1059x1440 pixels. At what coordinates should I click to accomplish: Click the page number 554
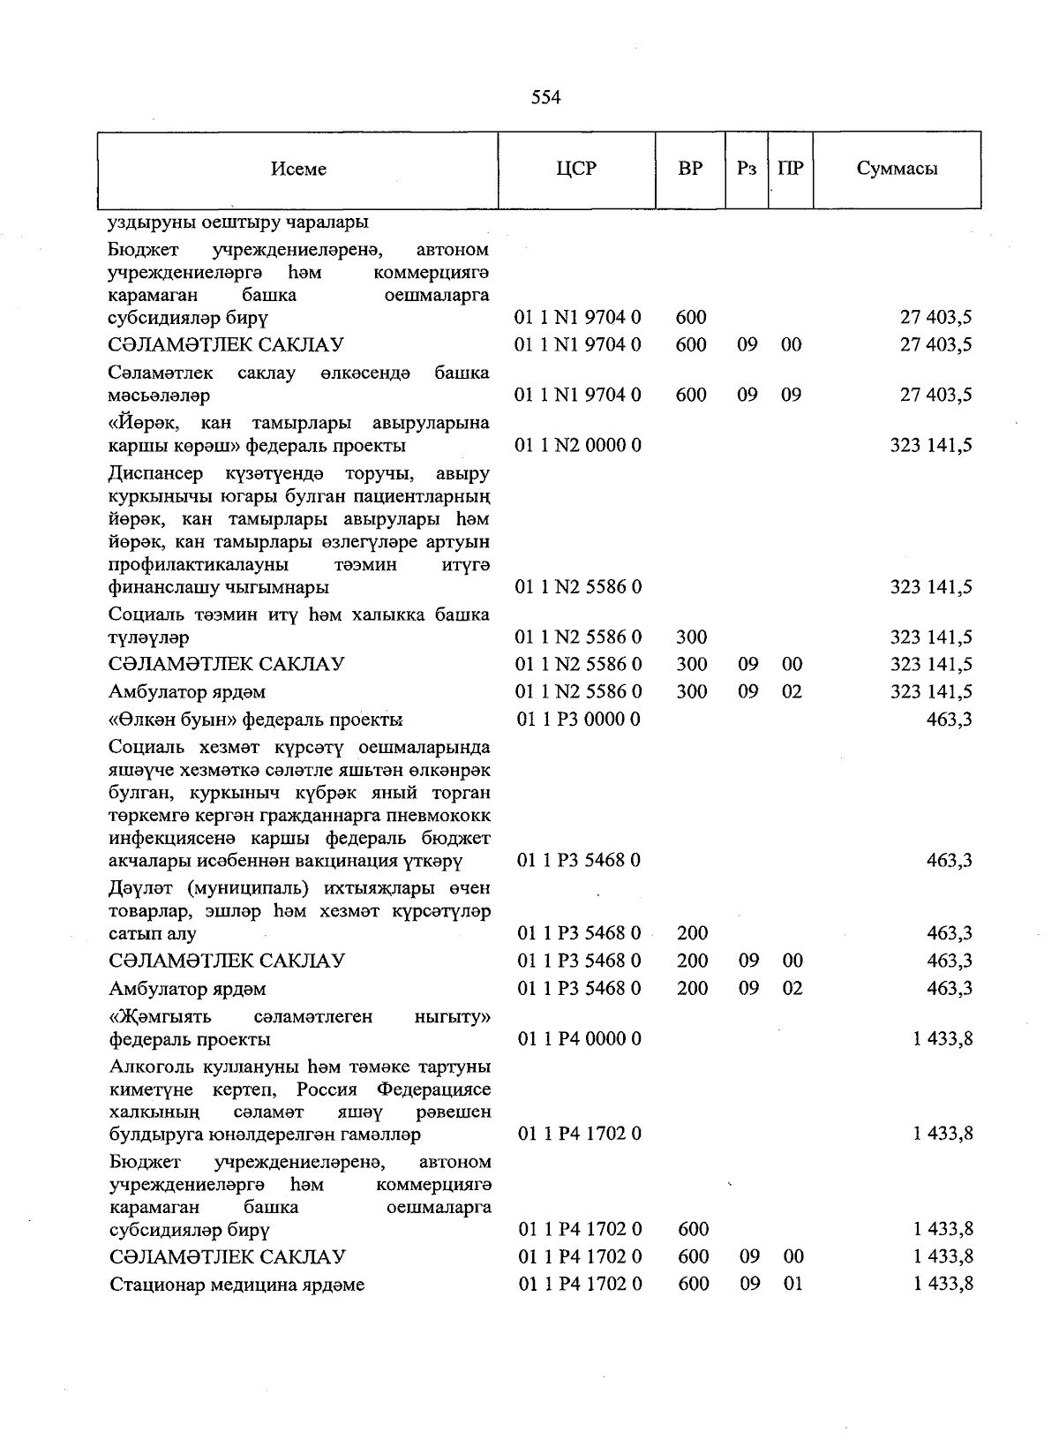(545, 97)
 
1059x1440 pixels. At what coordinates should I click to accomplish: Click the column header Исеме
(298, 169)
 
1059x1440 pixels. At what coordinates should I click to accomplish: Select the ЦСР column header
(576, 169)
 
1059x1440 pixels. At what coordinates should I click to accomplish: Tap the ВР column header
(690, 169)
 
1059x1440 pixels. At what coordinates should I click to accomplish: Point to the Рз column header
(747, 169)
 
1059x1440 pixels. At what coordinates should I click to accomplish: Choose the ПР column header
(791, 169)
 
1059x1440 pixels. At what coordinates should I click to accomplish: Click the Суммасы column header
(897, 169)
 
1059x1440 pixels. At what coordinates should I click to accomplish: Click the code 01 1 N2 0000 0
(578, 445)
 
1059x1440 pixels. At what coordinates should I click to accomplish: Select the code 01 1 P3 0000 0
(579, 720)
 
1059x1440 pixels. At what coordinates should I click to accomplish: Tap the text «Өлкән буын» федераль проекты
(256, 720)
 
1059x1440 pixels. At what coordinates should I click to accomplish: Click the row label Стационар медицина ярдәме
(237, 1285)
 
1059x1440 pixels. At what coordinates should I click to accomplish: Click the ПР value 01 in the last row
(792, 1284)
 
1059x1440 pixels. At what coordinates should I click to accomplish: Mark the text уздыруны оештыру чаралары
(238, 222)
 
